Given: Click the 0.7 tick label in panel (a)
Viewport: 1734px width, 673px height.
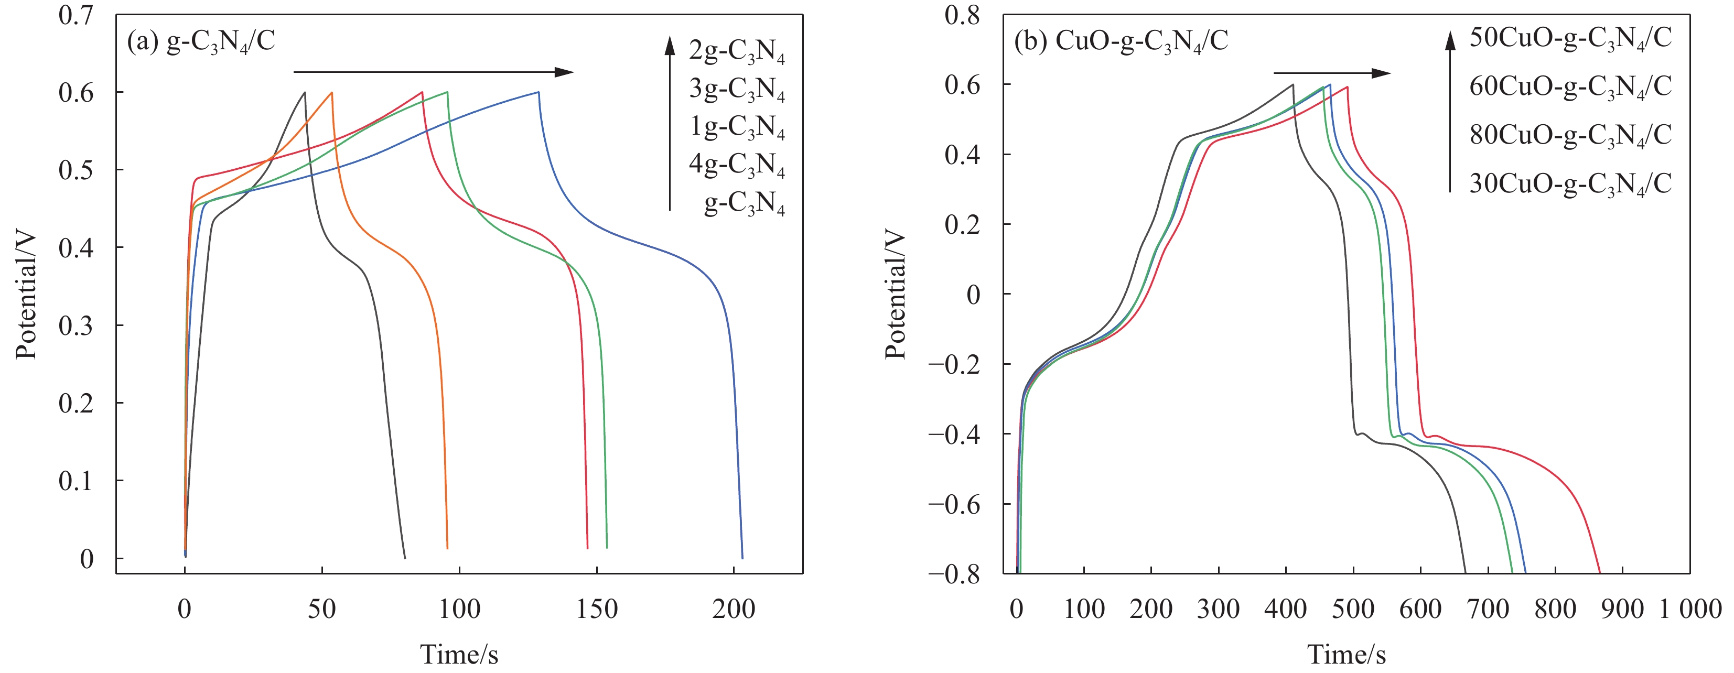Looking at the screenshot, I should (x=76, y=15).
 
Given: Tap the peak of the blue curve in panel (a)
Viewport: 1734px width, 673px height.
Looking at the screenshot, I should (x=538, y=92).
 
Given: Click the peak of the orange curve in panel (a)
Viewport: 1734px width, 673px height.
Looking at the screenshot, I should (x=332, y=92).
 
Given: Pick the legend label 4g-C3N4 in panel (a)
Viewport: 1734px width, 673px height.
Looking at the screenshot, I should (x=736, y=165).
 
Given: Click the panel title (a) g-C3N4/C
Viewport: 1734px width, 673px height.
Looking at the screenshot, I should (x=201, y=42).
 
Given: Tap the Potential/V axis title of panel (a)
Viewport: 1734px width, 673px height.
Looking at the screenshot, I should (x=26, y=296).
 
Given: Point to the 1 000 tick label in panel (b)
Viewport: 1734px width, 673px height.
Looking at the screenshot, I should (x=1689, y=609).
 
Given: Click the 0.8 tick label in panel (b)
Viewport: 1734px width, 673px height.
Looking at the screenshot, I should (x=962, y=15).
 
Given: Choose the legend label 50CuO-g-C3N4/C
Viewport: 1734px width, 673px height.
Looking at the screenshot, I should (x=1570, y=38).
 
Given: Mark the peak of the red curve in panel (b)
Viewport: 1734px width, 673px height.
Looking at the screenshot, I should (x=1347, y=87).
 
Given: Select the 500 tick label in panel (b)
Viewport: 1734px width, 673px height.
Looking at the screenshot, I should (x=1353, y=609).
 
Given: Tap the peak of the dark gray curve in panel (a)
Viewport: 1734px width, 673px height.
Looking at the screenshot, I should (x=305, y=92).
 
